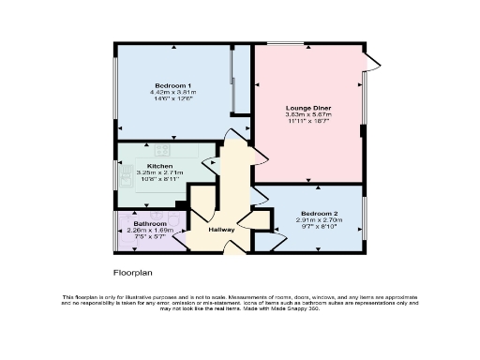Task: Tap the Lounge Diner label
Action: tap(308, 108)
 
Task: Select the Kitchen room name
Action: tap(159, 166)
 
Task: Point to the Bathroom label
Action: tap(150, 224)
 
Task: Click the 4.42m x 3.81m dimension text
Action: tap(173, 92)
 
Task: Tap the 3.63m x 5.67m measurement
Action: tap(308, 114)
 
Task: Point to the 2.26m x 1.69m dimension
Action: tap(150, 231)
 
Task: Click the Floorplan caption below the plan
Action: tap(132, 273)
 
